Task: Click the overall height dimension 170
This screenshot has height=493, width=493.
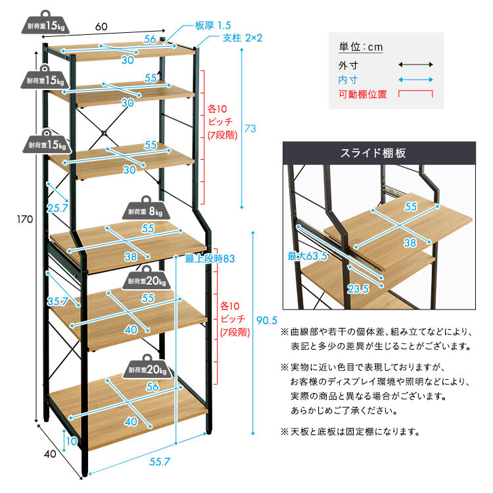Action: [x=25, y=219]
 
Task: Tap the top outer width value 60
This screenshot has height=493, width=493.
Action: [x=101, y=27]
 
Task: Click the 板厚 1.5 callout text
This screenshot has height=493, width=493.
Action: [x=213, y=25]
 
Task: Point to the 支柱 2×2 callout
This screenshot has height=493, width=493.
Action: [x=242, y=38]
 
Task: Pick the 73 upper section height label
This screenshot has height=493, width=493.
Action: [x=250, y=128]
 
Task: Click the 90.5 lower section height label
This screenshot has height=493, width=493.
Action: [x=267, y=320]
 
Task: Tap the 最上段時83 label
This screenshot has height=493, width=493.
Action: [x=210, y=259]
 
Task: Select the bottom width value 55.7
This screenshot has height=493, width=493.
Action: [x=160, y=461]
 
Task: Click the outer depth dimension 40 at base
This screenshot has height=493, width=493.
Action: [x=50, y=454]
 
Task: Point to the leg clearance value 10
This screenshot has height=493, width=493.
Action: [x=72, y=441]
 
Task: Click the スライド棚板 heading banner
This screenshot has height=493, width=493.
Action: [x=379, y=153]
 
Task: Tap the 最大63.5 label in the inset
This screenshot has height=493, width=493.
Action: [x=307, y=256]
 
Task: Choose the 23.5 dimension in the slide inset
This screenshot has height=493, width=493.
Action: [x=358, y=289]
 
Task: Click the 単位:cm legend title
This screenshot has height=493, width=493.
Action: [x=361, y=47]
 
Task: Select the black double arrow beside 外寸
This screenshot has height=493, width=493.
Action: [x=415, y=65]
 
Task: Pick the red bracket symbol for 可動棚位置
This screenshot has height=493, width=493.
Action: [x=415, y=94]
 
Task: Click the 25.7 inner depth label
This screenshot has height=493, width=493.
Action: [x=58, y=208]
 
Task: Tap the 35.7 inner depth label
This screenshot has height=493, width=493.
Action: [x=58, y=301]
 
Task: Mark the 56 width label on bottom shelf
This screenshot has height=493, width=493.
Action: [x=153, y=387]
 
